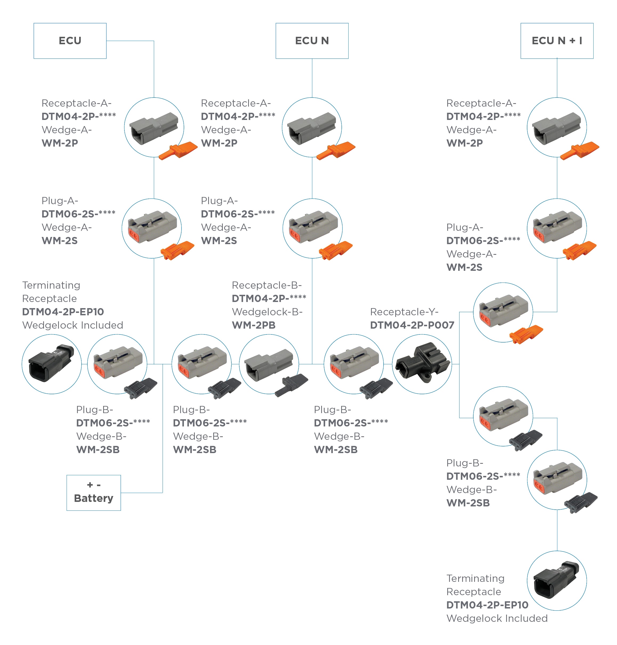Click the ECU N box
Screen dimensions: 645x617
point(312,41)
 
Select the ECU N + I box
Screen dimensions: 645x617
point(556,41)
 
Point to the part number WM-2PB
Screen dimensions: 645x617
point(253,325)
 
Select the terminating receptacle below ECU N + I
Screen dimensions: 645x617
point(556,579)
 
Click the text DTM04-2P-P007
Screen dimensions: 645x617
point(412,325)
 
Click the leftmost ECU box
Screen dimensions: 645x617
point(70,41)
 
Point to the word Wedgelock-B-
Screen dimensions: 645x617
point(267,312)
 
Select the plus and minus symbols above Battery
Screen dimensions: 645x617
point(94,485)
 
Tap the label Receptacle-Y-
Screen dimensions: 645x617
point(404,312)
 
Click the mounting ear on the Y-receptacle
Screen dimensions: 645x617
point(427,376)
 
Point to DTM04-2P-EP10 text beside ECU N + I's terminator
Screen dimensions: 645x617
point(487,604)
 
